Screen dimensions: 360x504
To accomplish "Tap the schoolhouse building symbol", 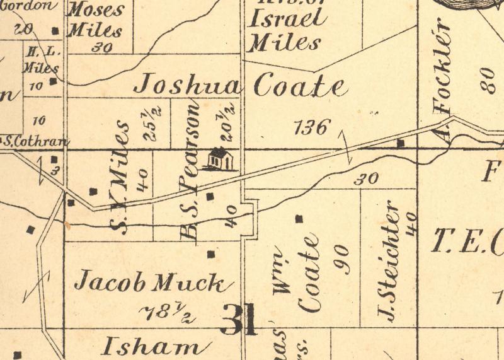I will pyautogui.click(x=219, y=160).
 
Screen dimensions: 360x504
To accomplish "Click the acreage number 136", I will pyautogui.click(x=312, y=128).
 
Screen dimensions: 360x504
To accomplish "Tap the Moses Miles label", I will pyautogui.click(x=96, y=20).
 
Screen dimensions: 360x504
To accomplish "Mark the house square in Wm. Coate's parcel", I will pyautogui.click(x=299, y=219).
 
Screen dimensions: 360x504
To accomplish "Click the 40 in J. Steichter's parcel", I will pyautogui.click(x=413, y=224).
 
